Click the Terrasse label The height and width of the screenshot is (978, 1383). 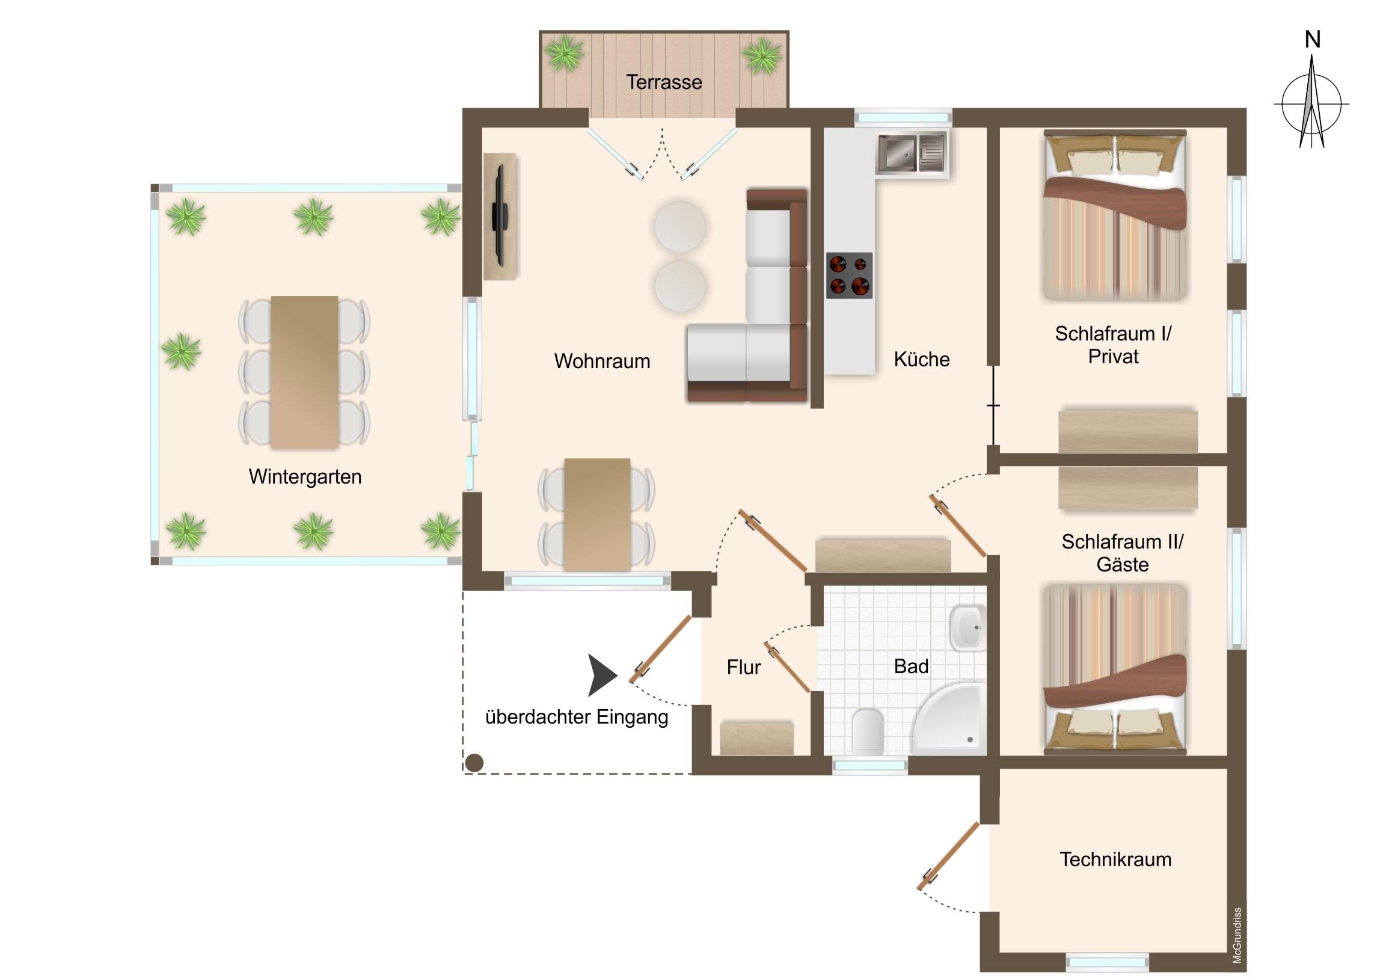[x=664, y=82]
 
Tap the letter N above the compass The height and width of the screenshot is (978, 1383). [x=1313, y=40]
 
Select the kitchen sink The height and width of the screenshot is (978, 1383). [x=912, y=153]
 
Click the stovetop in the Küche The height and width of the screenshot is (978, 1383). [x=849, y=275]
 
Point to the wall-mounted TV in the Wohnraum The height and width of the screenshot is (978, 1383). [x=499, y=215]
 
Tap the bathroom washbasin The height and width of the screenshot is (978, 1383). [x=968, y=627]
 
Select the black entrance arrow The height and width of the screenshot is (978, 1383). [x=603, y=675]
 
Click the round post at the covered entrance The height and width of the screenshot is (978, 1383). [x=474, y=763]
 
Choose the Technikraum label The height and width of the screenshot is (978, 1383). [x=1115, y=860]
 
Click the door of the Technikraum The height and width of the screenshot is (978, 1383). [x=948, y=857]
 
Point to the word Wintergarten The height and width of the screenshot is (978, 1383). [x=305, y=476]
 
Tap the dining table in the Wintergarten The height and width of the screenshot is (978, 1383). [x=304, y=372]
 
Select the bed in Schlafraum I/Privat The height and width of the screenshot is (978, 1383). [x=1115, y=215]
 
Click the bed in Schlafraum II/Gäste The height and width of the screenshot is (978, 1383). [x=1115, y=669]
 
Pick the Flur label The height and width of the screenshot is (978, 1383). [x=744, y=667]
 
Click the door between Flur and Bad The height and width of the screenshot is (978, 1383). [x=787, y=667]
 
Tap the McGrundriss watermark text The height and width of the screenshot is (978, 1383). [x=1237, y=935]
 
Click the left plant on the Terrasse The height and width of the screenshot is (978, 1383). [x=565, y=53]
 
